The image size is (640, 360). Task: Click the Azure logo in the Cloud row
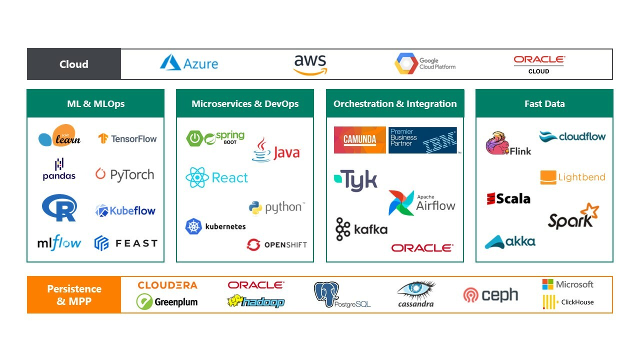tap(189, 63)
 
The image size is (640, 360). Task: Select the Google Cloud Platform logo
tap(425, 64)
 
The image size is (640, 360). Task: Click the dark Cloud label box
tap(74, 64)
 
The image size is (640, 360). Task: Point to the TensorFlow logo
tap(127, 139)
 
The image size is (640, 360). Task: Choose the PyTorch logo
tap(124, 174)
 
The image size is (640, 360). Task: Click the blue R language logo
tap(59, 207)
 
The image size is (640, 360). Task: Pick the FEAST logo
tap(126, 243)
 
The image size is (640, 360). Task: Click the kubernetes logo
tap(215, 226)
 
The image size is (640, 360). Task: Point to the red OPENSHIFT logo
tap(276, 245)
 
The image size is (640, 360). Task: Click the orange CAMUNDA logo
tap(360, 140)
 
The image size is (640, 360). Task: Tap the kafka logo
tap(361, 229)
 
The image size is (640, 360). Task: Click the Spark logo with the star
tap(573, 217)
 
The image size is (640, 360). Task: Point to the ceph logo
tap(490, 295)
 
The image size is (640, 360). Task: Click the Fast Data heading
tap(544, 104)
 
